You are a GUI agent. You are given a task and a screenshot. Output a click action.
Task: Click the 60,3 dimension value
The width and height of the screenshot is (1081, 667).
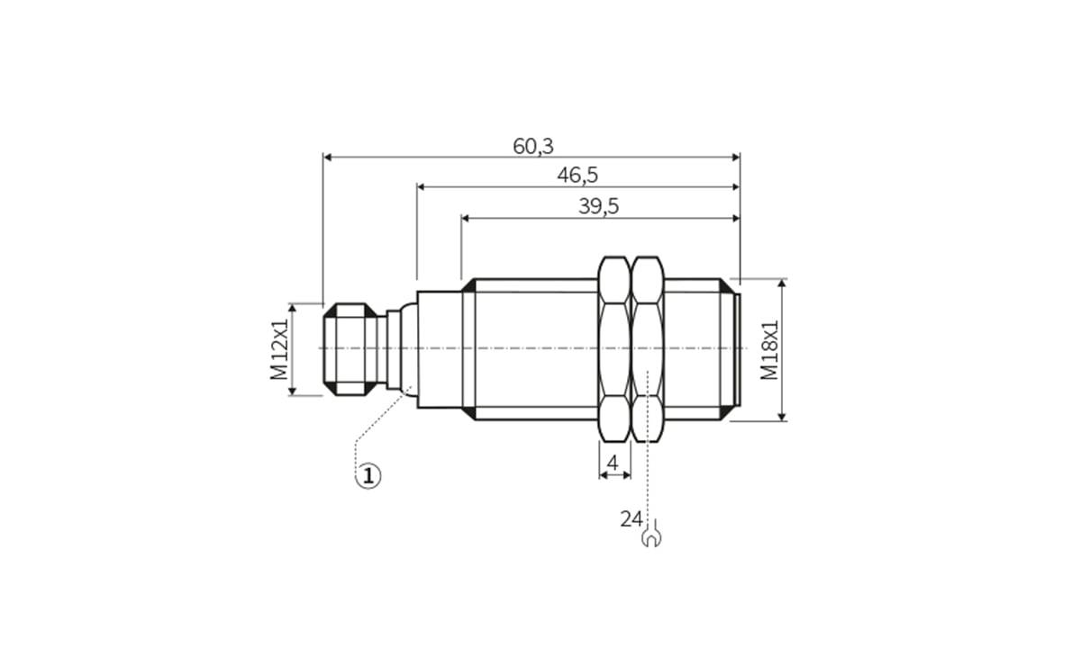(x=533, y=146)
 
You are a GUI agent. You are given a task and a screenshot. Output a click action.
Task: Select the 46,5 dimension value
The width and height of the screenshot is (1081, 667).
(x=577, y=176)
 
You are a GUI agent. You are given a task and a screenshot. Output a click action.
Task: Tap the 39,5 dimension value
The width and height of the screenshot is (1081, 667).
(x=598, y=206)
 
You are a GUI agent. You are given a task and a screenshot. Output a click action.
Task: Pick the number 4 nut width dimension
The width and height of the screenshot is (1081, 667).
(x=613, y=464)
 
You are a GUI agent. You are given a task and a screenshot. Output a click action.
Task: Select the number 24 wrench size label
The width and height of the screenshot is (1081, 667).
(x=631, y=518)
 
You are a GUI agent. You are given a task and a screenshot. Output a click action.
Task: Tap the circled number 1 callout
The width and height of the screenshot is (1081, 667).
(x=368, y=474)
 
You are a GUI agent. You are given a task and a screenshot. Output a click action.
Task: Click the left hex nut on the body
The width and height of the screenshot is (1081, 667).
(x=614, y=349)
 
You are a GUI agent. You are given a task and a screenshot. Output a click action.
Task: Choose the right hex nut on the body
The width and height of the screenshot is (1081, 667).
(x=647, y=349)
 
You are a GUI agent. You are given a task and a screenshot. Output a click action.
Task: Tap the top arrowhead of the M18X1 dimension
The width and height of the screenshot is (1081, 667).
(x=781, y=284)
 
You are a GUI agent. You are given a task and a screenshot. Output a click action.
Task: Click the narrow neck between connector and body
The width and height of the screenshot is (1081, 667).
(x=393, y=349)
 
